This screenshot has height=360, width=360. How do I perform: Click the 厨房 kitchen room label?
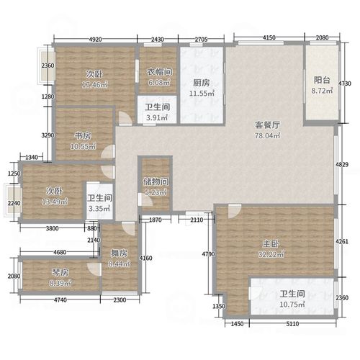click(x=202, y=83)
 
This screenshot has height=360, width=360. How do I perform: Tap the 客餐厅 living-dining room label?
click(x=267, y=124)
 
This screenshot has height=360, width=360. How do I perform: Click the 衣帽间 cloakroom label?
click(x=158, y=72)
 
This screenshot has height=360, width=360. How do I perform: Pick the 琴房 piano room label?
click(x=59, y=272)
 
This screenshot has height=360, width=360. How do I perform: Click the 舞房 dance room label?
click(x=119, y=253)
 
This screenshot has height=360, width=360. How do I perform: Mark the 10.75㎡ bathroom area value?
click(x=291, y=305)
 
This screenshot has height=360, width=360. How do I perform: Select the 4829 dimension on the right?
click(x=344, y=166)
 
